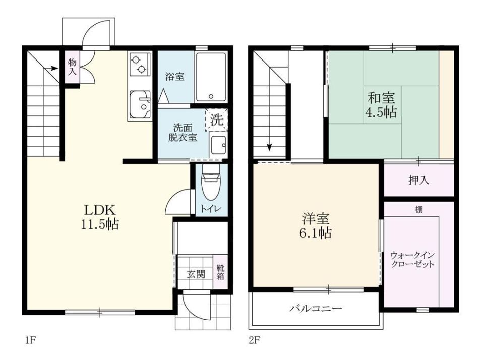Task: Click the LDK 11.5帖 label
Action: pos(100,217)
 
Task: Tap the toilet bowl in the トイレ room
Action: pos(211,182)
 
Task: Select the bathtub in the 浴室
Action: pos(211,77)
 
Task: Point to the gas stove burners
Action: pos(139,64)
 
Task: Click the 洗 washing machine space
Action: pos(217,119)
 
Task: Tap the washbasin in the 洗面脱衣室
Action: pos(218,145)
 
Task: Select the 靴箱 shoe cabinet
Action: pos(220,272)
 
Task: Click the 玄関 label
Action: pos(196,274)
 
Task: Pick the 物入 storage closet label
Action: pos(72,67)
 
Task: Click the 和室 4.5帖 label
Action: pos(381,105)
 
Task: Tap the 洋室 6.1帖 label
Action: pos(316,226)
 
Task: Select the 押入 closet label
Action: pos(418,181)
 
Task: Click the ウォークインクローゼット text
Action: pos(413,260)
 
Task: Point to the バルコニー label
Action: pos(316,308)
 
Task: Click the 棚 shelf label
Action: pos(419,210)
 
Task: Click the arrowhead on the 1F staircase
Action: pos(55,68)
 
